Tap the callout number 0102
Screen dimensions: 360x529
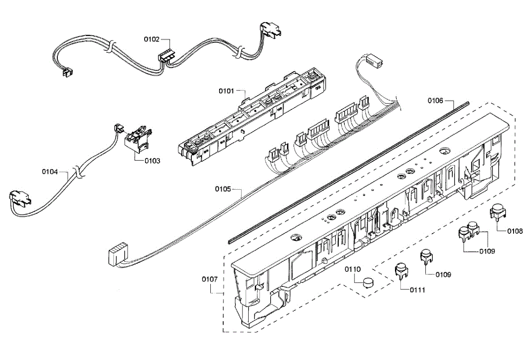(152, 39)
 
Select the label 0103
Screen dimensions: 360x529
(153, 161)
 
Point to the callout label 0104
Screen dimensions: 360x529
(50, 171)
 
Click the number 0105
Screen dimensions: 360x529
(223, 189)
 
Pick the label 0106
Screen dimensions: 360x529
(436, 101)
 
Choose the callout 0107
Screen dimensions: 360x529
(210, 279)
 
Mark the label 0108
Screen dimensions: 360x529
(515, 231)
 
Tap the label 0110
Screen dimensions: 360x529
(353, 269)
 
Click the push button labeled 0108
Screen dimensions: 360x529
(498, 212)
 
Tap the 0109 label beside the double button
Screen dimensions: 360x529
(487, 251)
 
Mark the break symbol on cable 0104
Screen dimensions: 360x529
(78, 172)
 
